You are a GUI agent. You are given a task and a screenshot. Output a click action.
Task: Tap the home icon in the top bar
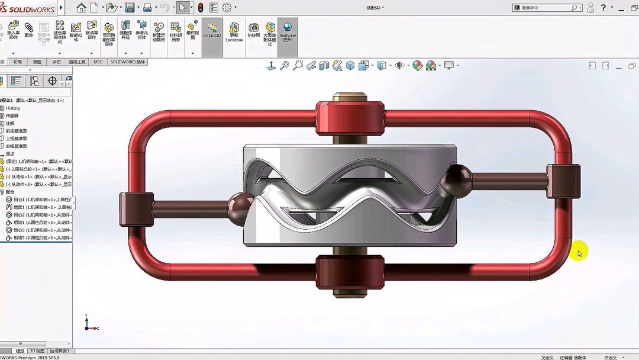[81, 8]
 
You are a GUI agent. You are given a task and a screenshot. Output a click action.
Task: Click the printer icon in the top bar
[147, 8]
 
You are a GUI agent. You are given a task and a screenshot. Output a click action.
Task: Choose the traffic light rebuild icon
[201, 8]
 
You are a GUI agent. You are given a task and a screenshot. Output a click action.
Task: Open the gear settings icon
[226, 8]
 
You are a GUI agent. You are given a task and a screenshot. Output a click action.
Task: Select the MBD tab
[98, 62]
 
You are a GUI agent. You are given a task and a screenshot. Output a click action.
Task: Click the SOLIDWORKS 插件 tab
[127, 62]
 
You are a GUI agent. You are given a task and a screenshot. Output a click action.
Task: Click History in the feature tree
[13, 108]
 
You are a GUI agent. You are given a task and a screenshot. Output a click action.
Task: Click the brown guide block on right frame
[563, 181]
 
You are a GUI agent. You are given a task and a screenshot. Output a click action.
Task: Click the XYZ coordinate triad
[89, 324]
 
